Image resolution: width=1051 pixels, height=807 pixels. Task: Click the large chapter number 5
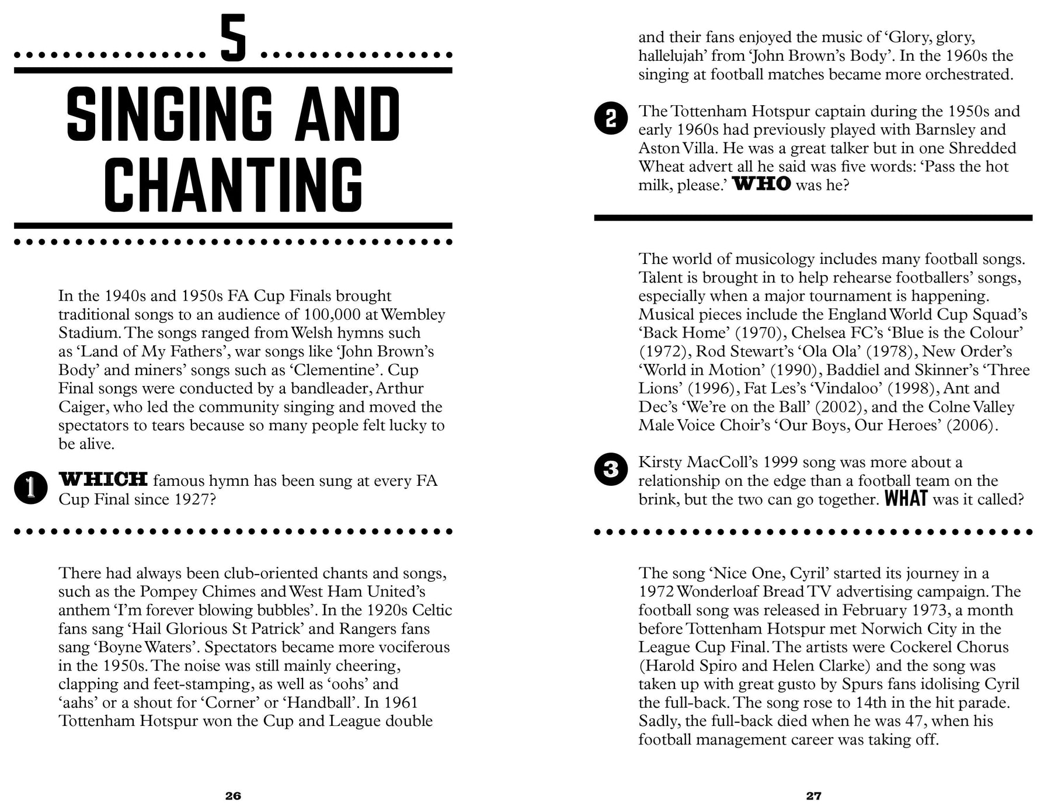[233, 40]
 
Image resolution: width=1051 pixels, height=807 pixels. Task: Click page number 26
[233, 795]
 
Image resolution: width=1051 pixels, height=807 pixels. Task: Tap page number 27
[813, 795]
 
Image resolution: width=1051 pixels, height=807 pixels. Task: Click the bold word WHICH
[103, 480]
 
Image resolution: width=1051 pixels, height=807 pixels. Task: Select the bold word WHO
[761, 185]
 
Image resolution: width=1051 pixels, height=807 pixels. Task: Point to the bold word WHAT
[906, 500]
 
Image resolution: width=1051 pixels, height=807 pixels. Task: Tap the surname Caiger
[81, 406]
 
